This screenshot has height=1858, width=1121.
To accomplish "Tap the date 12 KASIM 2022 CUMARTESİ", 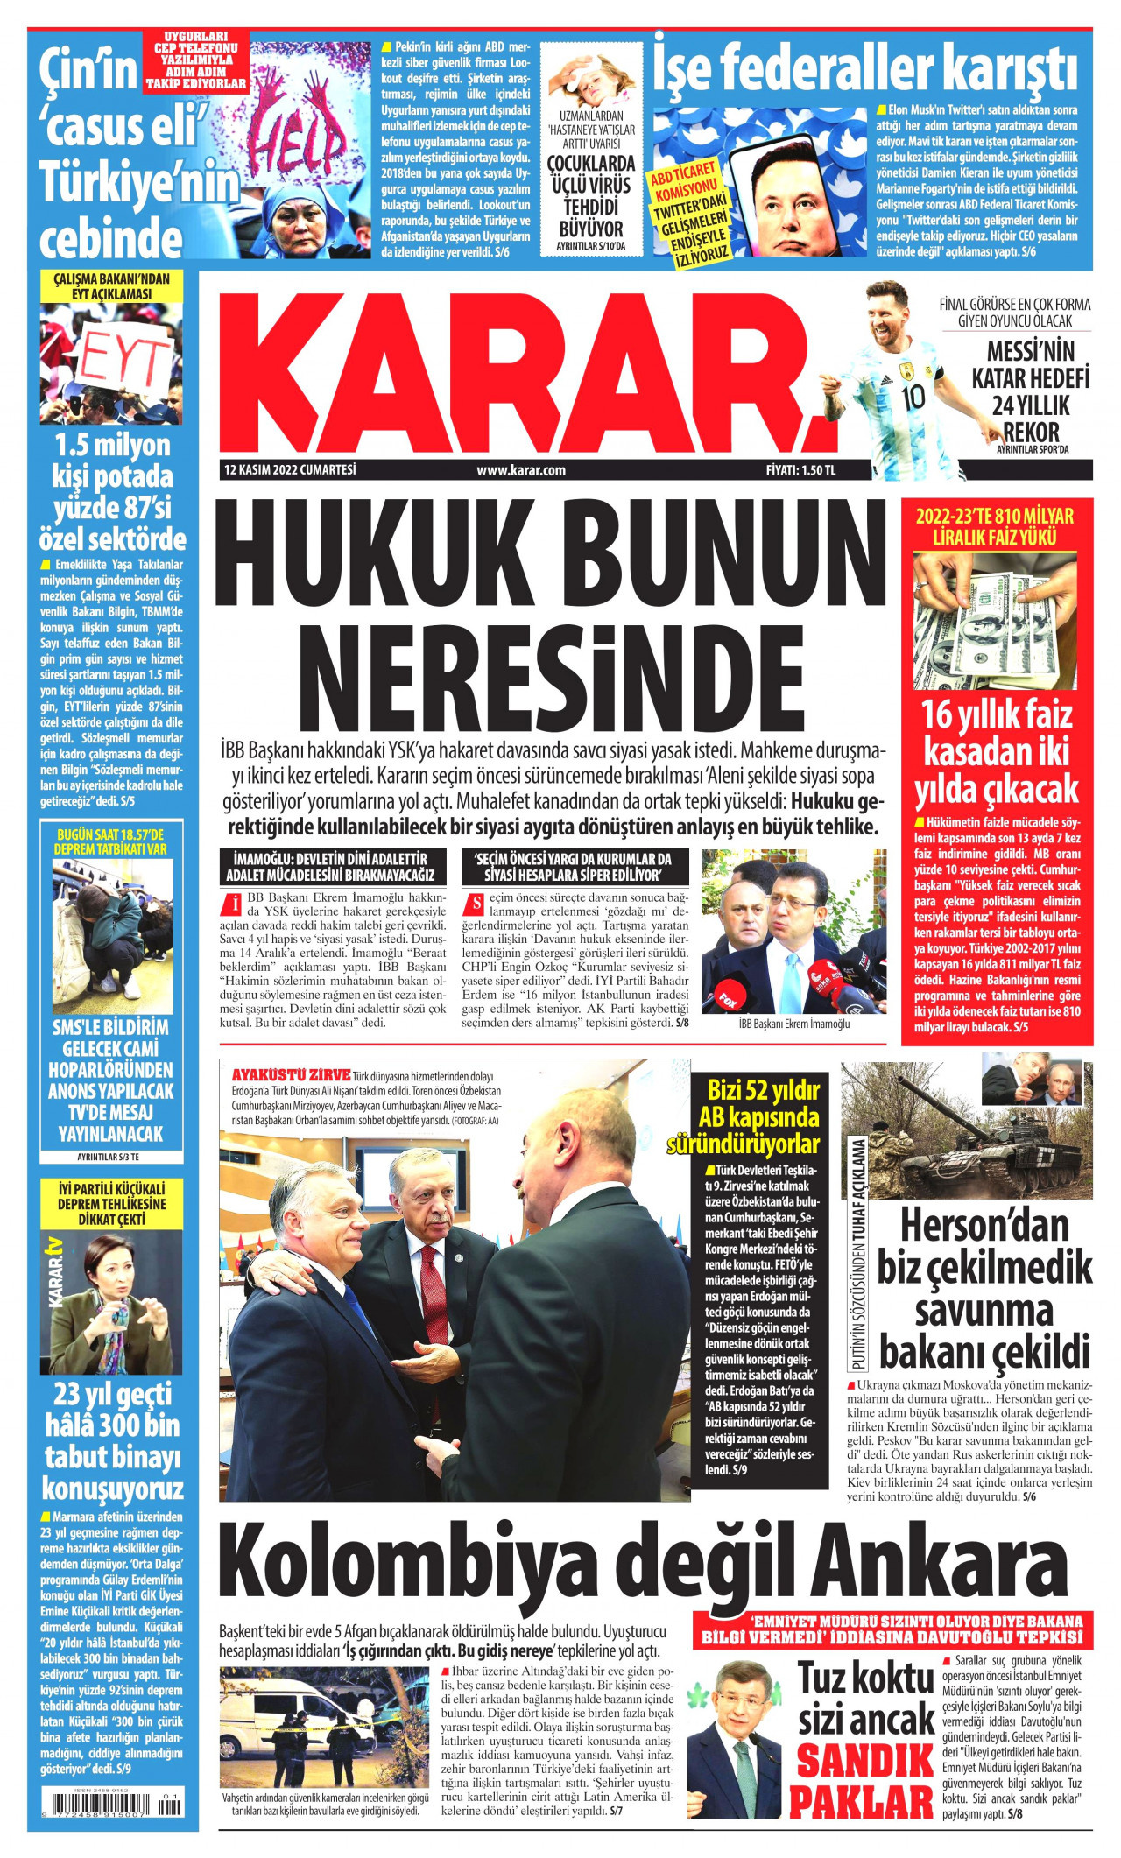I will (x=290, y=470).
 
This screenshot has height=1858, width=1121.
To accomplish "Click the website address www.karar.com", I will (x=521, y=470).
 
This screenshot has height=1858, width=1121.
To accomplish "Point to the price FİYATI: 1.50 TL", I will (x=800, y=470).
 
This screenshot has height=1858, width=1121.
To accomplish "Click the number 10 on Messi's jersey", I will (x=913, y=397).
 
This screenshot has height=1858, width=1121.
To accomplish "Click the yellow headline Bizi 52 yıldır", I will (x=763, y=1091).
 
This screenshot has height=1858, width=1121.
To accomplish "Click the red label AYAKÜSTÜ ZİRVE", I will (x=290, y=1074).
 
